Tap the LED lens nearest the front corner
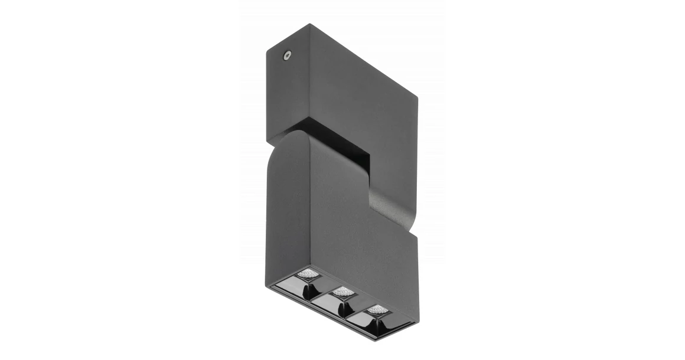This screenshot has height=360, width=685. pyautogui.click(x=307, y=274)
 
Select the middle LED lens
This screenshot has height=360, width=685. pyautogui.click(x=342, y=292)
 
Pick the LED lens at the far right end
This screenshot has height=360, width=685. pyautogui.click(x=378, y=309)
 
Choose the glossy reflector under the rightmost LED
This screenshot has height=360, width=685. pyautogui.click(x=377, y=325)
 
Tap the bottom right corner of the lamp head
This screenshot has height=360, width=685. pyautogui.click(x=417, y=322)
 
